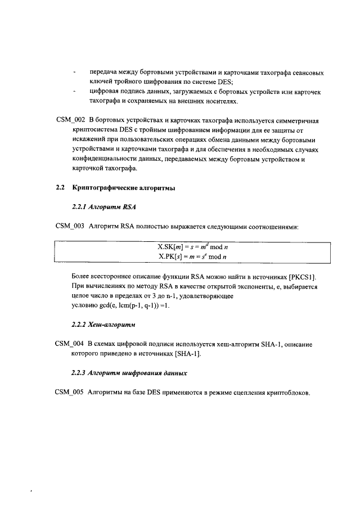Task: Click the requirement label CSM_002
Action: click(70, 121)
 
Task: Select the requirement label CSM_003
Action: click(70, 227)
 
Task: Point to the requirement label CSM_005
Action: click(70, 392)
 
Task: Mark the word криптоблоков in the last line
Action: click(287, 392)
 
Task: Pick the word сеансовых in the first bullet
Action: click(304, 73)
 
